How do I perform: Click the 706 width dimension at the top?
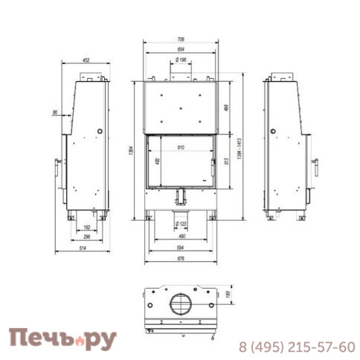click(180, 39)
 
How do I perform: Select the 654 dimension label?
click(180, 49)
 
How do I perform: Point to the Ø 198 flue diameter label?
click(181, 60)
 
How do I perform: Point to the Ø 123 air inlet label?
click(181, 222)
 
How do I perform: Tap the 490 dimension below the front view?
click(181, 237)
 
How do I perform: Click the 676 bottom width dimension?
click(181, 258)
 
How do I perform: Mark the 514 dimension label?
click(86, 248)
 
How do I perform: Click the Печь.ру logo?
click(62, 339)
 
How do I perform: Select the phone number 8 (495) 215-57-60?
click(296, 347)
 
